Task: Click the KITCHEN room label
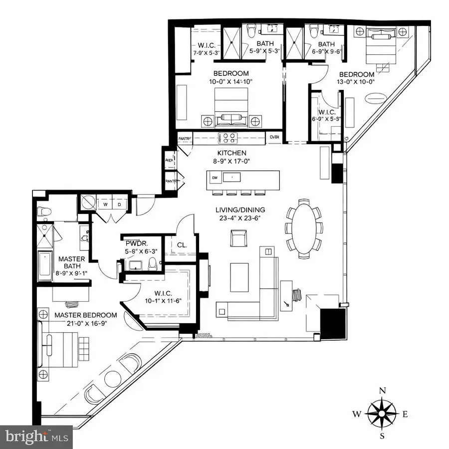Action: (x=231, y=153)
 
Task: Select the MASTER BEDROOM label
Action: (x=86, y=315)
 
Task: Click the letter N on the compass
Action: (x=382, y=391)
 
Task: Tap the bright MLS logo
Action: (x=36, y=437)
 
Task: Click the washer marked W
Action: (x=106, y=204)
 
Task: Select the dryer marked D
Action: (x=119, y=204)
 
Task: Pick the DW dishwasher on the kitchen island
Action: (x=215, y=177)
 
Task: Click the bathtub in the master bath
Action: (x=45, y=264)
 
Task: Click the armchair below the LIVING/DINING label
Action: (x=238, y=238)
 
